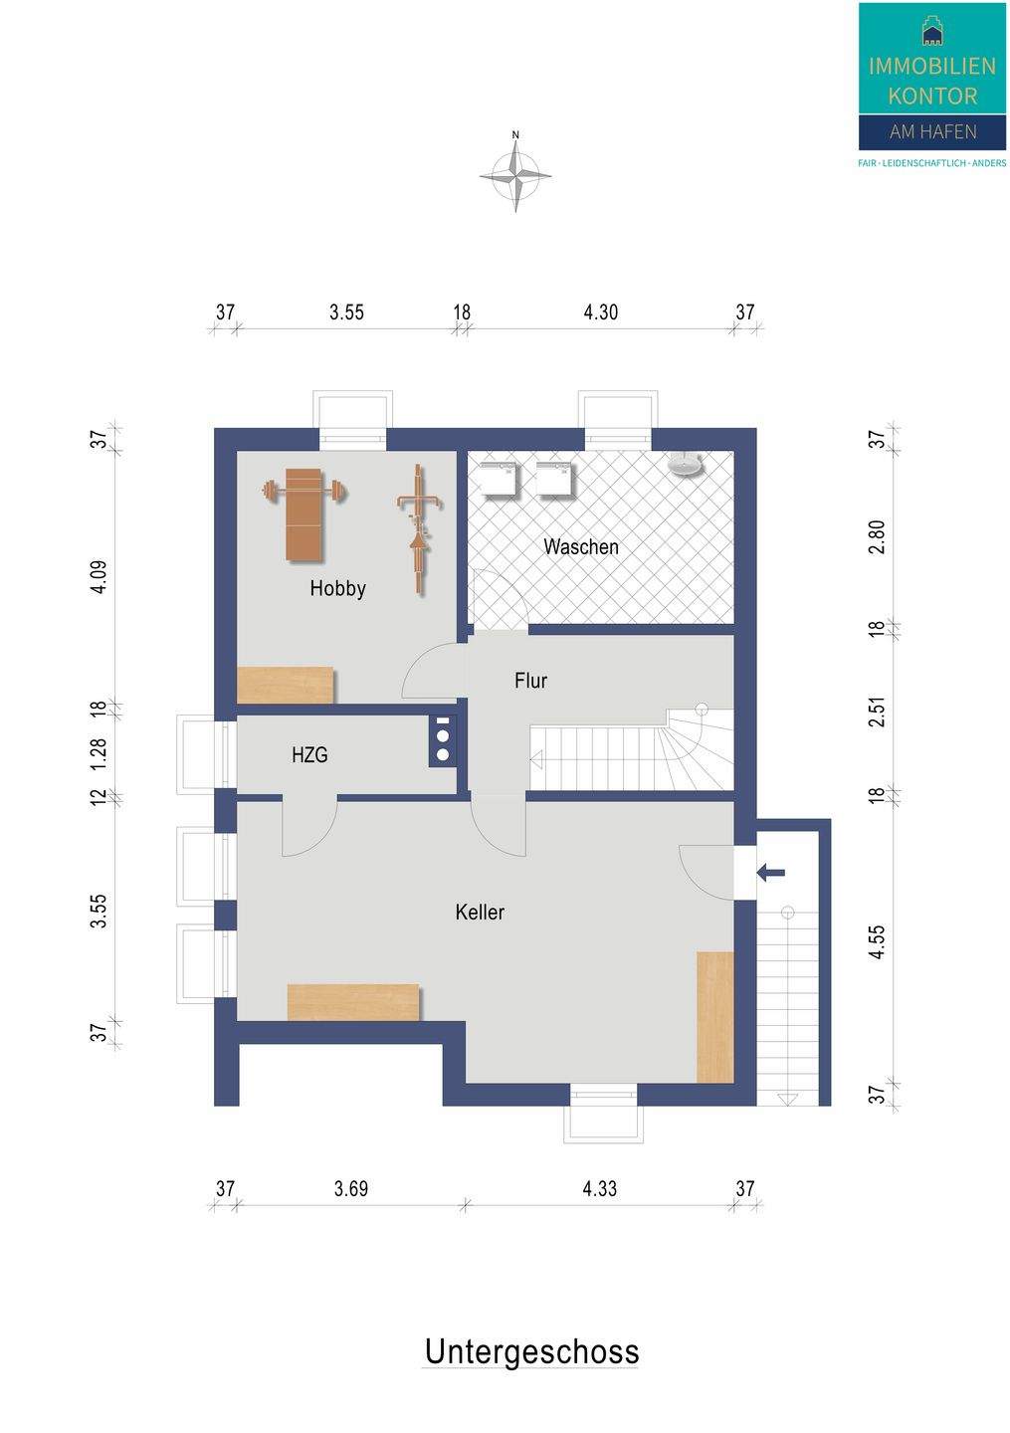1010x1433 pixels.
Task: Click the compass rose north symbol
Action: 515,174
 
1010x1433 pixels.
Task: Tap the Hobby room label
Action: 337,588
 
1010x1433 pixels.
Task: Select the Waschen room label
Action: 581,547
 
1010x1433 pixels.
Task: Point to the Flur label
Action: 531,680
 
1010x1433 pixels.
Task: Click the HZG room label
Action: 309,755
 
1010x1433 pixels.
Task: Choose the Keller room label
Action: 480,912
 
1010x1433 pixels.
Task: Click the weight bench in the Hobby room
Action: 303,514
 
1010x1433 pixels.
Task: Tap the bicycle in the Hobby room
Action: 419,529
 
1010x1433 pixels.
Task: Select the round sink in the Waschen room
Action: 685,463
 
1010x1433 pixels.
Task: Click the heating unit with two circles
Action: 443,740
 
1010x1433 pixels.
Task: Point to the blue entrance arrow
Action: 771,872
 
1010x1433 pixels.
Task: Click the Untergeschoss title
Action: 531,1351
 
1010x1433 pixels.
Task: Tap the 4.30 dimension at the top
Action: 601,312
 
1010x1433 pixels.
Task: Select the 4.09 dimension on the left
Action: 100,577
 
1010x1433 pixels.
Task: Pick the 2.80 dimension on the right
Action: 878,536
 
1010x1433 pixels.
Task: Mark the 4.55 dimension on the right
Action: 878,941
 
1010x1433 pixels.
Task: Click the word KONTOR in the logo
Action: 932,96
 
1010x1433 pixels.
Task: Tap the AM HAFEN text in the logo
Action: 933,131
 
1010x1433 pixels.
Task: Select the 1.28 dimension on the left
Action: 100,756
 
